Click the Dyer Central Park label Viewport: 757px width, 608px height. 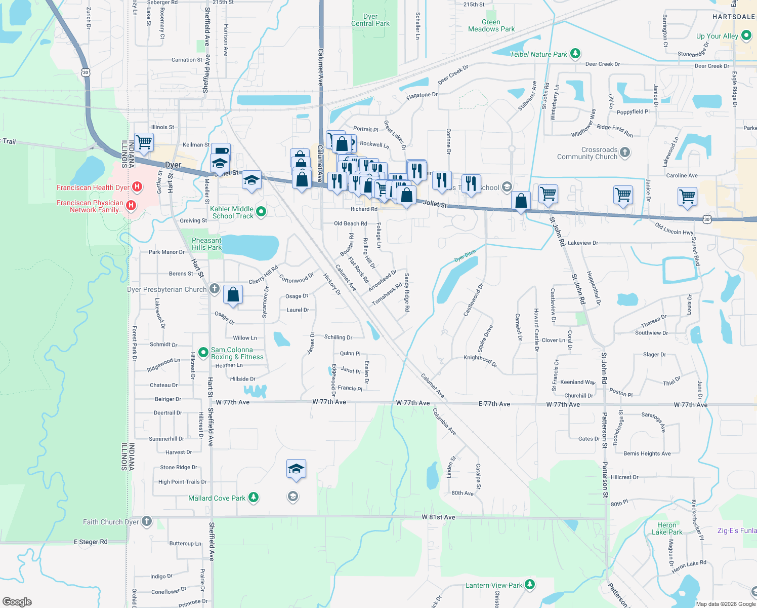click(x=370, y=20)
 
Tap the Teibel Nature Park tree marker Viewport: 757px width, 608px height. click(x=575, y=54)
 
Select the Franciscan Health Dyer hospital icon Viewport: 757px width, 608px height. click(x=137, y=187)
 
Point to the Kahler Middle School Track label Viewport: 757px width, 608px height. click(x=232, y=212)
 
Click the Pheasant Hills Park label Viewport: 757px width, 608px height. click(x=206, y=244)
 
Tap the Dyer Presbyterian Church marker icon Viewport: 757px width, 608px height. click(x=215, y=289)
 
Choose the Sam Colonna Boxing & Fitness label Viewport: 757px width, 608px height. click(x=237, y=353)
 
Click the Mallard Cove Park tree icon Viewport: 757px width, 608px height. click(x=254, y=498)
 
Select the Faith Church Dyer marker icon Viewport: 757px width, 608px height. click(x=147, y=521)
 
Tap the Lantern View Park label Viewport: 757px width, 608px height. click(x=493, y=585)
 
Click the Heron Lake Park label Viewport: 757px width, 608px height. click(x=667, y=528)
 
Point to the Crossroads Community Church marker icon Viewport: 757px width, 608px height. click(x=625, y=153)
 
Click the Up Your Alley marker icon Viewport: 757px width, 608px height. click(x=746, y=35)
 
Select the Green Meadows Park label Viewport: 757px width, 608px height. click(x=491, y=25)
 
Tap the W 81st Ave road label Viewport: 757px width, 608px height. click(x=438, y=517)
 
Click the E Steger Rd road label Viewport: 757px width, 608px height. click(x=91, y=542)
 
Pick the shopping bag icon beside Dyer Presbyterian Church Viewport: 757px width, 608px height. click(x=233, y=294)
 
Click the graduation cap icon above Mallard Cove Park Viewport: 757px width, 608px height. click(x=296, y=469)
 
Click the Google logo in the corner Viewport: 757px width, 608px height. click(x=17, y=602)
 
